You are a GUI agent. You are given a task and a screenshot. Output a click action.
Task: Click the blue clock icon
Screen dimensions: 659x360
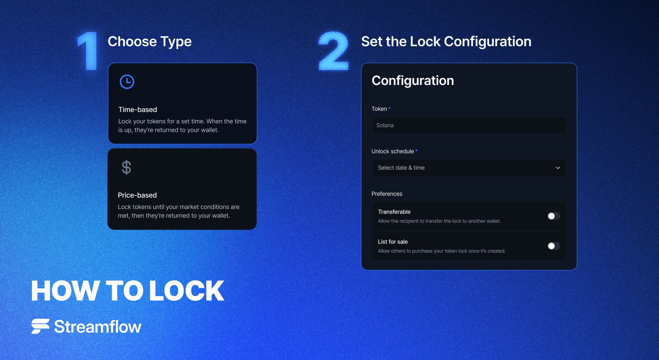tap(127, 82)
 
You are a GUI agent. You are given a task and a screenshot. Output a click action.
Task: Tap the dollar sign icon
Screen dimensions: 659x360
tap(126, 167)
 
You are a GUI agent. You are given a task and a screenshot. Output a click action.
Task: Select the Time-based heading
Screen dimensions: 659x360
tap(137, 110)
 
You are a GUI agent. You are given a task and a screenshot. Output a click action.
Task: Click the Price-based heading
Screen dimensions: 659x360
tap(137, 195)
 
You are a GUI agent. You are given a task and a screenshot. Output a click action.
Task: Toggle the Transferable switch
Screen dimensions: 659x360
tap(554, 216)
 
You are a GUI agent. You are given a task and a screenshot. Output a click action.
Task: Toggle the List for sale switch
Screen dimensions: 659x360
tap(554, 246)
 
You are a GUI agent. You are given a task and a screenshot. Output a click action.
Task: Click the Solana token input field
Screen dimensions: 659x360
tap(469, 125)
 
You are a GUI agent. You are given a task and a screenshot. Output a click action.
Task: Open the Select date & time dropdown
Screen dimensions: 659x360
tap(469, 168)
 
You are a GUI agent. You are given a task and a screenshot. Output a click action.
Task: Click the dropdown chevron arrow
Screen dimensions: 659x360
tap(558, 168)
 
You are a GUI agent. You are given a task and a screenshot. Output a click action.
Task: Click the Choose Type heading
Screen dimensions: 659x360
tap(150, 42)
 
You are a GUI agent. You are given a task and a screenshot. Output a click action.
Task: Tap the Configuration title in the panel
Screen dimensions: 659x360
tap(413, 81)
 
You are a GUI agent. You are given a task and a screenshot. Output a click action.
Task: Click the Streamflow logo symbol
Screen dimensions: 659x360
tap(40, 326)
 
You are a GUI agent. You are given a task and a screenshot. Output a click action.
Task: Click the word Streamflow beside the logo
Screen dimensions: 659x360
tap(98, 327)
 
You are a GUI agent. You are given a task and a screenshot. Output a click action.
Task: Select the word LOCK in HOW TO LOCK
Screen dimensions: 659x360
tap(186, 291)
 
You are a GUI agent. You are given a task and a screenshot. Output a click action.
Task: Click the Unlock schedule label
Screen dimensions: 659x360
tap(393, 151)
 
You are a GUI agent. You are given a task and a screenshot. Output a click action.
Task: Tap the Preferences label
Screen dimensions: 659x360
tap(387, 194)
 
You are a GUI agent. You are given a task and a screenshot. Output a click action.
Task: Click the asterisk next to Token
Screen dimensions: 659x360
tap(389, 108)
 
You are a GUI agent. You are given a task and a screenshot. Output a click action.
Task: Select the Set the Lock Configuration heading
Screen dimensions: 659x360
tap(446, 42)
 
